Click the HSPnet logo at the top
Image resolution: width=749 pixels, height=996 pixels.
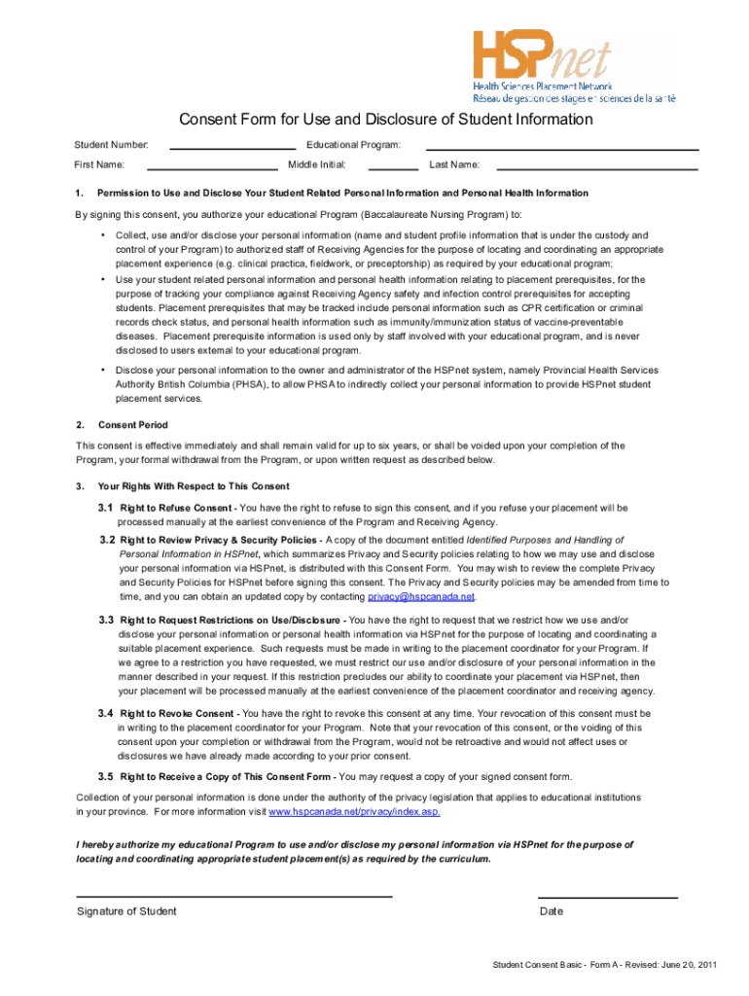[572, 66]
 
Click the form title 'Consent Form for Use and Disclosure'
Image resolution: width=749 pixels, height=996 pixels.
[385, 120]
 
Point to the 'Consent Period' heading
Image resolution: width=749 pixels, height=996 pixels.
[132, 425]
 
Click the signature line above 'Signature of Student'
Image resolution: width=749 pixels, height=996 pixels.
[233, 895]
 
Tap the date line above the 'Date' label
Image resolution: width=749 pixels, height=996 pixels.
[607, 896]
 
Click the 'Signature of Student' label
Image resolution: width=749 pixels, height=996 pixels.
[126, 911]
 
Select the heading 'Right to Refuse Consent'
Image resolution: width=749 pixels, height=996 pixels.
[176, 508]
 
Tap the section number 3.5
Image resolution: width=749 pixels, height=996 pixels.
[105, 776]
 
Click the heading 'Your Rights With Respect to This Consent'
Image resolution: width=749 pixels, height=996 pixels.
[193, 485]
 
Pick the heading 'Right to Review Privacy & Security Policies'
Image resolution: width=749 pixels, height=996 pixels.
[219, 539]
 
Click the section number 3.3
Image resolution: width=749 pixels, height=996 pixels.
[106, 620]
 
